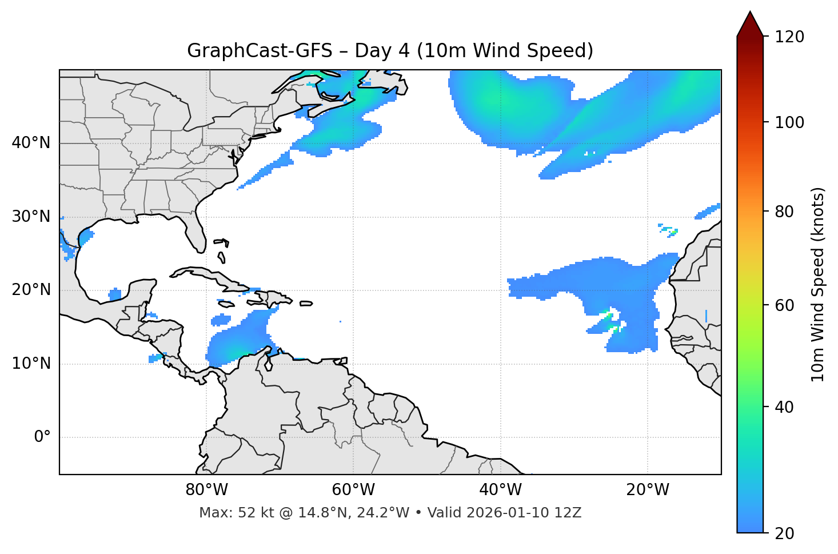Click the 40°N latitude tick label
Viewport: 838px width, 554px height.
pos(31,143)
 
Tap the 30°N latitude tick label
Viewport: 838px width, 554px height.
pos(31,217)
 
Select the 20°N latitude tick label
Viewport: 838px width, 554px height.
pos(31,290)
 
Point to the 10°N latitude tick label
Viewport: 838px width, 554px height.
pos(31,364)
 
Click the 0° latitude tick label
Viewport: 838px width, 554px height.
pos(42,437)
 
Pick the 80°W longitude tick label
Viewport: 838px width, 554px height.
pos(206,490)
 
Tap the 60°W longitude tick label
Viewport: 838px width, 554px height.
pos(353,490)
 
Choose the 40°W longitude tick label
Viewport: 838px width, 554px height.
pos(500,490)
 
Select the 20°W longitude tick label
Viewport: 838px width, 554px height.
pos(647,490)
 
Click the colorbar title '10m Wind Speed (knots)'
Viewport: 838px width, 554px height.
pos(818,285)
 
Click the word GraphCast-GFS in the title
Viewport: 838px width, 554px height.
pos(260,51)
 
